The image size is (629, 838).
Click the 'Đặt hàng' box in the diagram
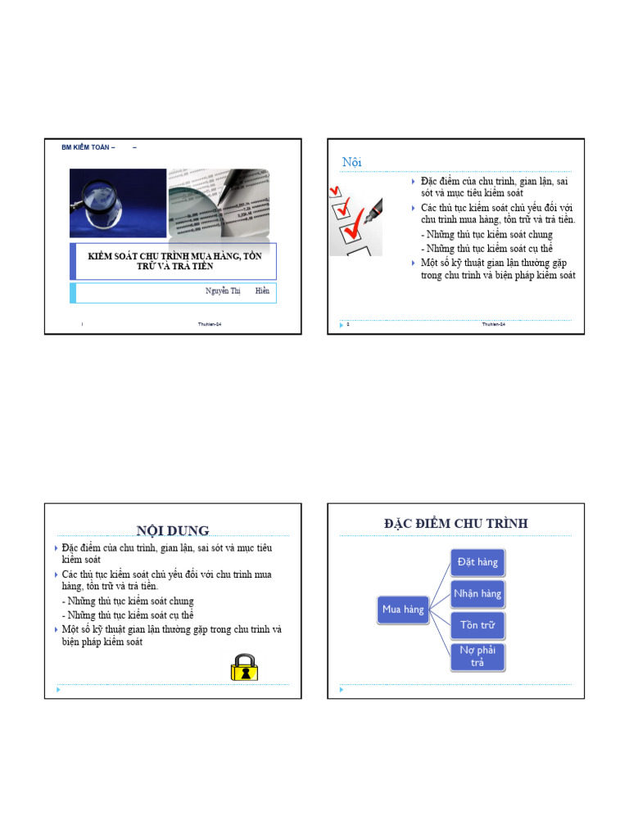[x=477, y=562]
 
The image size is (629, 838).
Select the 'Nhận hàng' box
[x=477, y=593]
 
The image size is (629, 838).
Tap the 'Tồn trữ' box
[x=477, y=625]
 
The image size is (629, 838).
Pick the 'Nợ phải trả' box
[x=477, y=656]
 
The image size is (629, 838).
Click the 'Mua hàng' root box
[x=403, y=610]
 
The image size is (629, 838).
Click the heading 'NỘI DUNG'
[x=173, y=531]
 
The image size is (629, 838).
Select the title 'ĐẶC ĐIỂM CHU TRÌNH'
[x=456, y=523]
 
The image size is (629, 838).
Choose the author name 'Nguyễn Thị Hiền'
[x=237, y=291]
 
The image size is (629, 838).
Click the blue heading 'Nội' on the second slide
[x=351, y=163]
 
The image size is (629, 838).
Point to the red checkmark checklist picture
[x=355, y=218]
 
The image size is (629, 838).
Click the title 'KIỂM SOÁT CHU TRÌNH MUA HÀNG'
[x=174, y=261]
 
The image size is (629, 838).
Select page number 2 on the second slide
[x=348, y=324]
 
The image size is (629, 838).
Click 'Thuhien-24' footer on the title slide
[x=210, y=325]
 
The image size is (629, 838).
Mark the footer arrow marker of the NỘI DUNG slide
[x=57, y=690]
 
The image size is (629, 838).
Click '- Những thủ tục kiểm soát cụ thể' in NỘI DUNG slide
[x=127, y=615]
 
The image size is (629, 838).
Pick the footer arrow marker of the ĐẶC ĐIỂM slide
[x=341, y=690]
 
